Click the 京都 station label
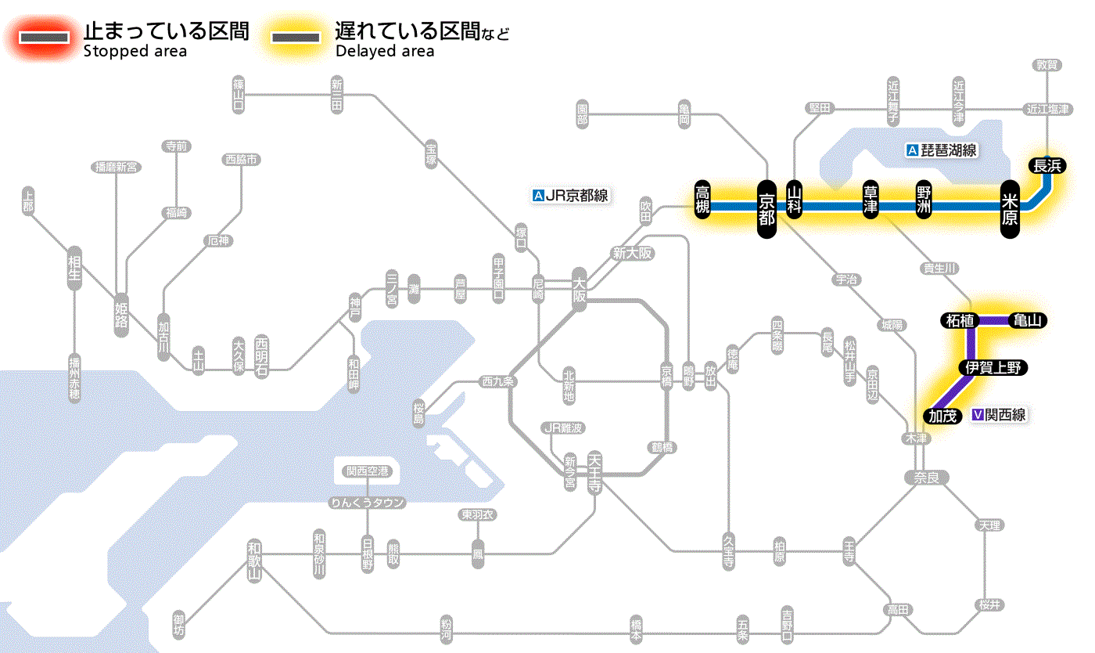click(x=766, y=207)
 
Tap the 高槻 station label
click(x=704, y=199)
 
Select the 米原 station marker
click(x=1011, y=207)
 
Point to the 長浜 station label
click(x=1047, y=165)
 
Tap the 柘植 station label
click(x=959, y=320)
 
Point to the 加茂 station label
click(x=943, y=416)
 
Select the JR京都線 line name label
click(x=570, y=196)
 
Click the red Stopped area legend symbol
click(x=45, y=38)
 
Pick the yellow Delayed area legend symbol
click(x=295, y=38)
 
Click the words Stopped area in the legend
click(x=135, y=52)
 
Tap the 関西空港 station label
click(x=368, y=471)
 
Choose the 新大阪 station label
click(x=632, y=254)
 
